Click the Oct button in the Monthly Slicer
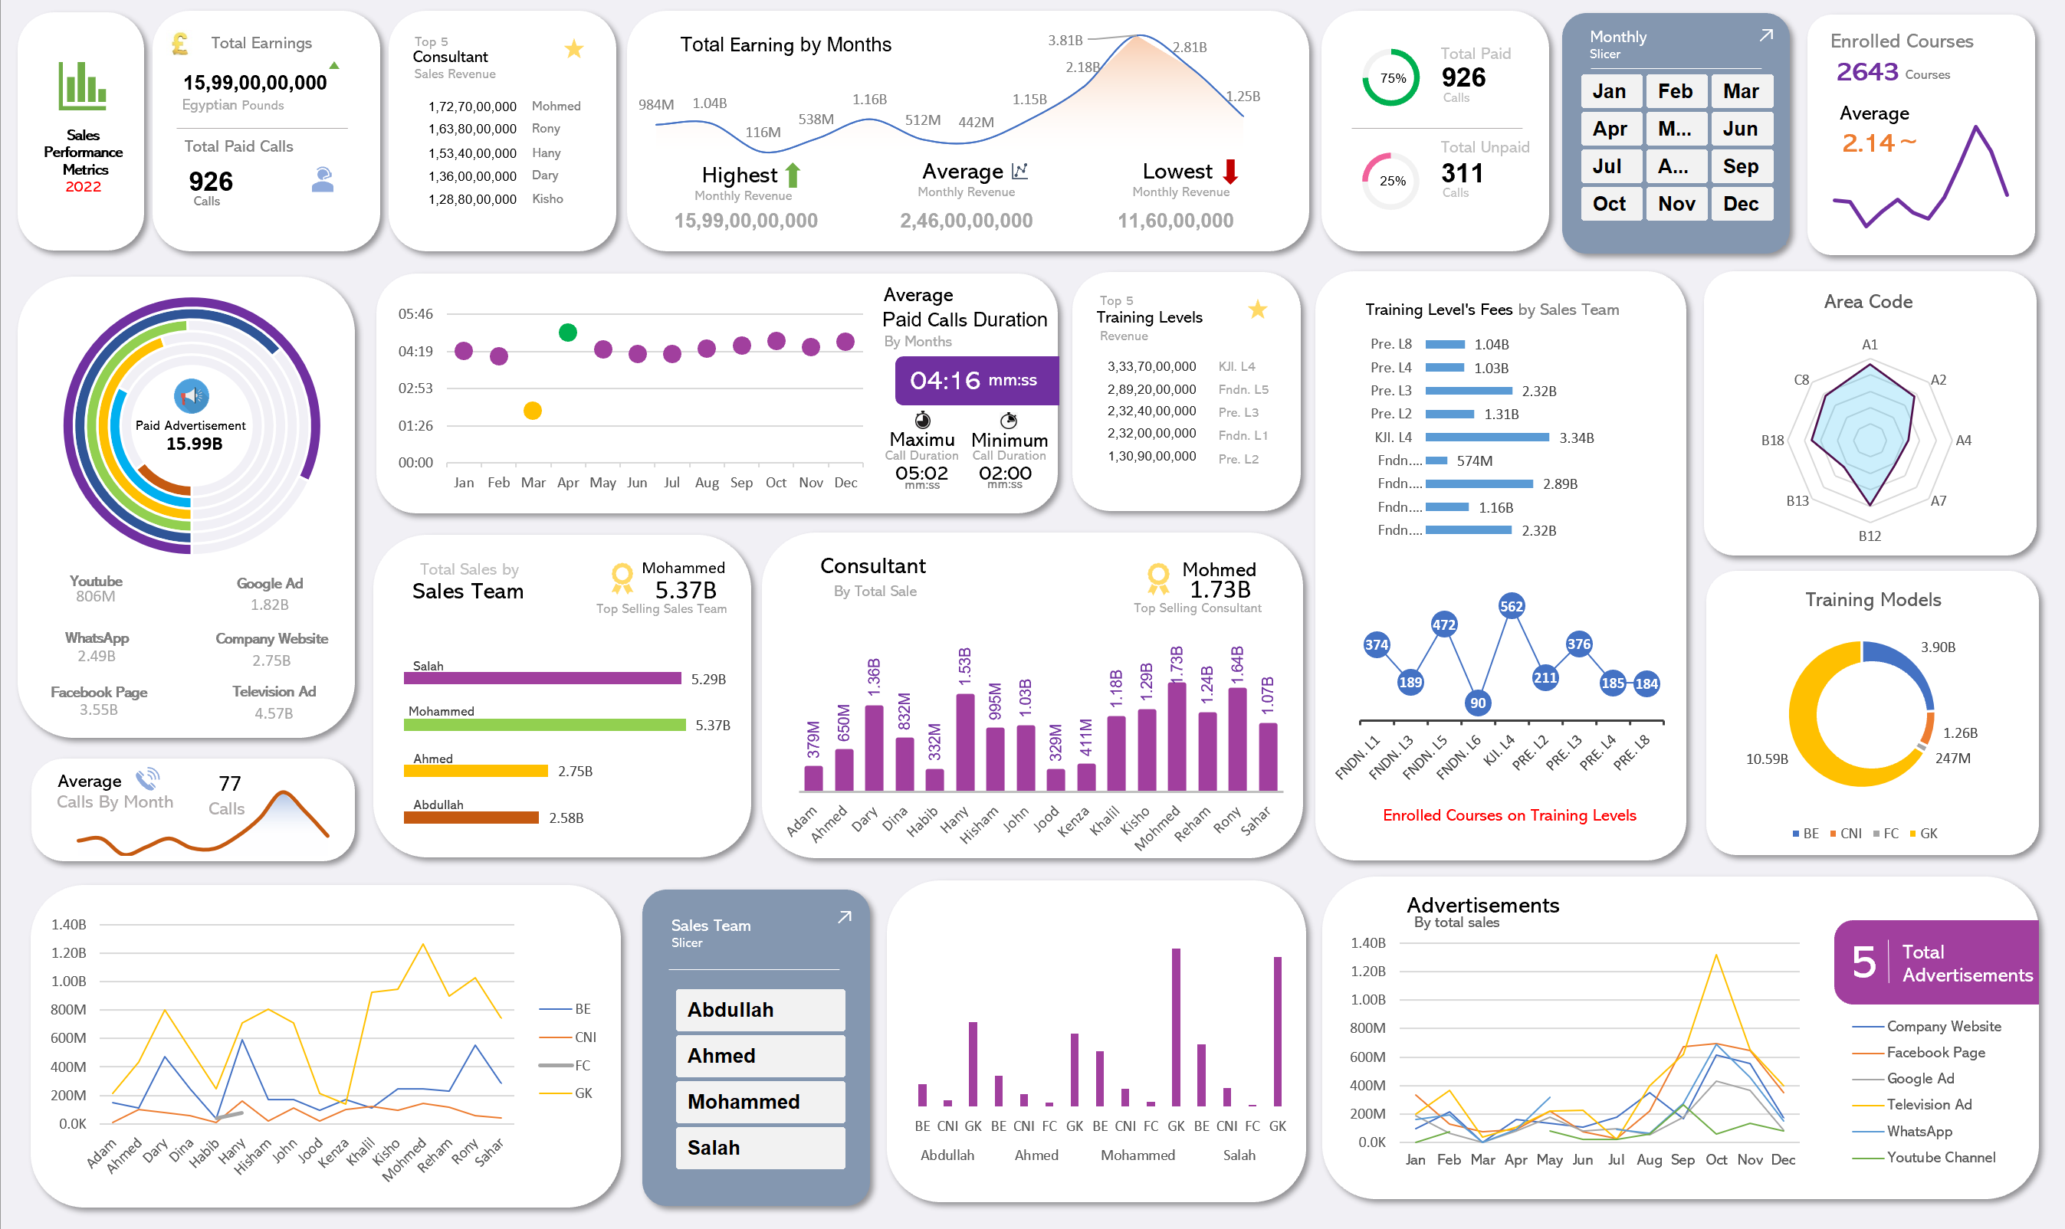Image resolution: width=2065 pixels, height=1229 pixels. [x=1610, y=204]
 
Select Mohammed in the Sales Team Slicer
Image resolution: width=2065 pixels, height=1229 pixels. [x=760, y=1102]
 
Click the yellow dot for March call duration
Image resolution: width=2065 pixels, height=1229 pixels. [x=533, y=411]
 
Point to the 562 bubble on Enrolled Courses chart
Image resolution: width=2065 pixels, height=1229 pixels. [x=1511, y=606]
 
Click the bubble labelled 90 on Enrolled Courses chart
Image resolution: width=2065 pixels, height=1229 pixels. [x=1478, y=703]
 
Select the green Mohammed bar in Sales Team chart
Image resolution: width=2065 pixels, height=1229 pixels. [x=544, y=726]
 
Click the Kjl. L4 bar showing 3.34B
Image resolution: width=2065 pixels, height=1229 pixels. [x=1487, y=438]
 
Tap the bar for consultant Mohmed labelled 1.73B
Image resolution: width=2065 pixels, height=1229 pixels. [x=1176, y=736]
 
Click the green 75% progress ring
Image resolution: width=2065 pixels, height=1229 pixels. [x=1391, y=77]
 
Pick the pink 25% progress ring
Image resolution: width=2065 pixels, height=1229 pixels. [x=1391, y=180]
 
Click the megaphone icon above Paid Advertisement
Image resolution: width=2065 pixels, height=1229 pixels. [x=192, y=396]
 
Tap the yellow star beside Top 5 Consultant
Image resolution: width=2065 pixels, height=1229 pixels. [x=573, y=50]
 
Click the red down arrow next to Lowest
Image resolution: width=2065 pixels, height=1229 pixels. [x=1230, y=172]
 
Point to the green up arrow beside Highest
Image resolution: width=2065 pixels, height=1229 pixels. [x=793, y=175]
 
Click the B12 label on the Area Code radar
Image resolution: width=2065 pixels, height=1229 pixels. [x=1869, y=536]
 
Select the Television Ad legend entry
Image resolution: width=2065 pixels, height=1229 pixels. [x=1929, y=1104]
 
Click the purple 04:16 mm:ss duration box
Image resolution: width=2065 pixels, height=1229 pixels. [x=976, y=380]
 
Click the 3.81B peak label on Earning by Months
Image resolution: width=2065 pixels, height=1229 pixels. [x=1065, y=40]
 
